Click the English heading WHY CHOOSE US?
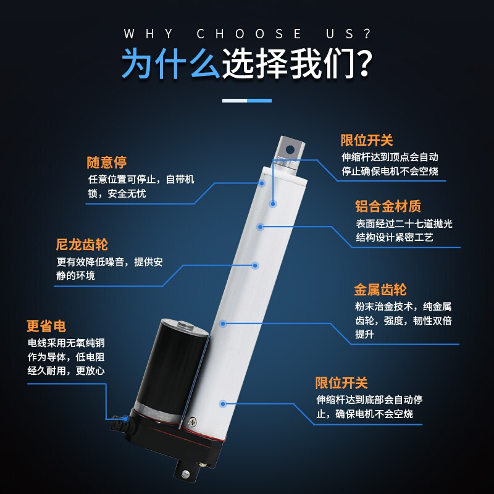coord(247,34)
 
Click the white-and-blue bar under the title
coord(247,100)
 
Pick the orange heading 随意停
coord(106,163)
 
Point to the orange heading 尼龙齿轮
coord(82,245)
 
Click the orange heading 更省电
coord(46,326)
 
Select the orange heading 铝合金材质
coord(388,206)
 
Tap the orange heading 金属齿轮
coord(380,290)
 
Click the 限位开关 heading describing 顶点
coord(367,140)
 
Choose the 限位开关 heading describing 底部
coord(341,383)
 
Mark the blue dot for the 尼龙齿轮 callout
coord(256,266)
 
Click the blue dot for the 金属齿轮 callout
coord(224,323)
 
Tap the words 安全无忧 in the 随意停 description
coord(127,193)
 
